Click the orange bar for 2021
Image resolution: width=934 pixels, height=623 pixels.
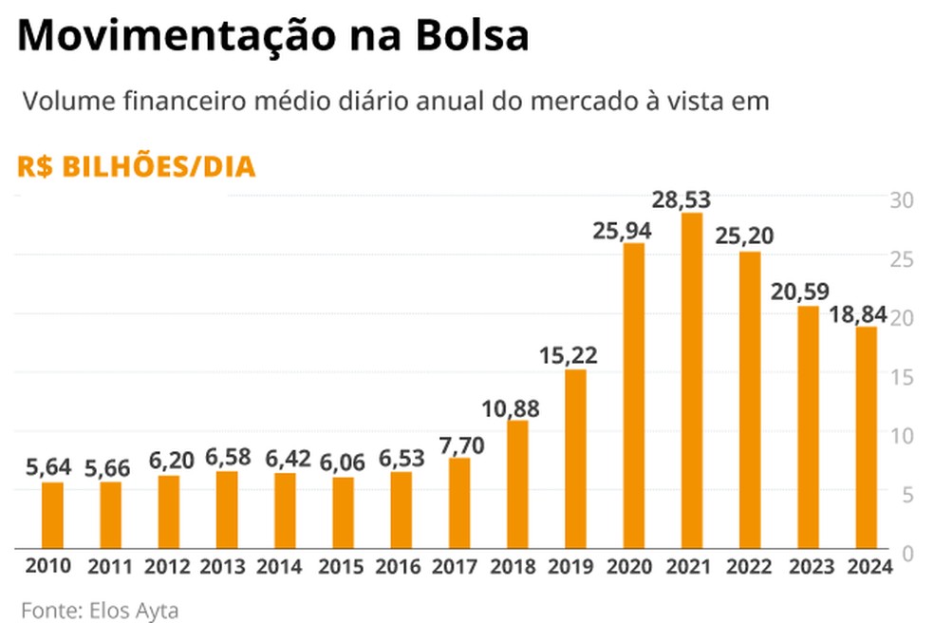pos(692,380)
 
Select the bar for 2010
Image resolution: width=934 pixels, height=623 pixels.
pos(53,515)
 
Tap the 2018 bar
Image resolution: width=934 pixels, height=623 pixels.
pos(517,483)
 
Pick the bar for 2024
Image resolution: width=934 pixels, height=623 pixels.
pos(866,437)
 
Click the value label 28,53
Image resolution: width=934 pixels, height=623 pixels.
pos(682,200)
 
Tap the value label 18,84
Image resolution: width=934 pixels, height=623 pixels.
pos(858,314)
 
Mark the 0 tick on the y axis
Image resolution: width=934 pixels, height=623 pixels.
pos(906,553)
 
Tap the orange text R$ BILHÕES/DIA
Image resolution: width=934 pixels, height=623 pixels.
pos(137,167)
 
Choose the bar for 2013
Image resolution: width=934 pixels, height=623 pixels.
pos(227,509)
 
